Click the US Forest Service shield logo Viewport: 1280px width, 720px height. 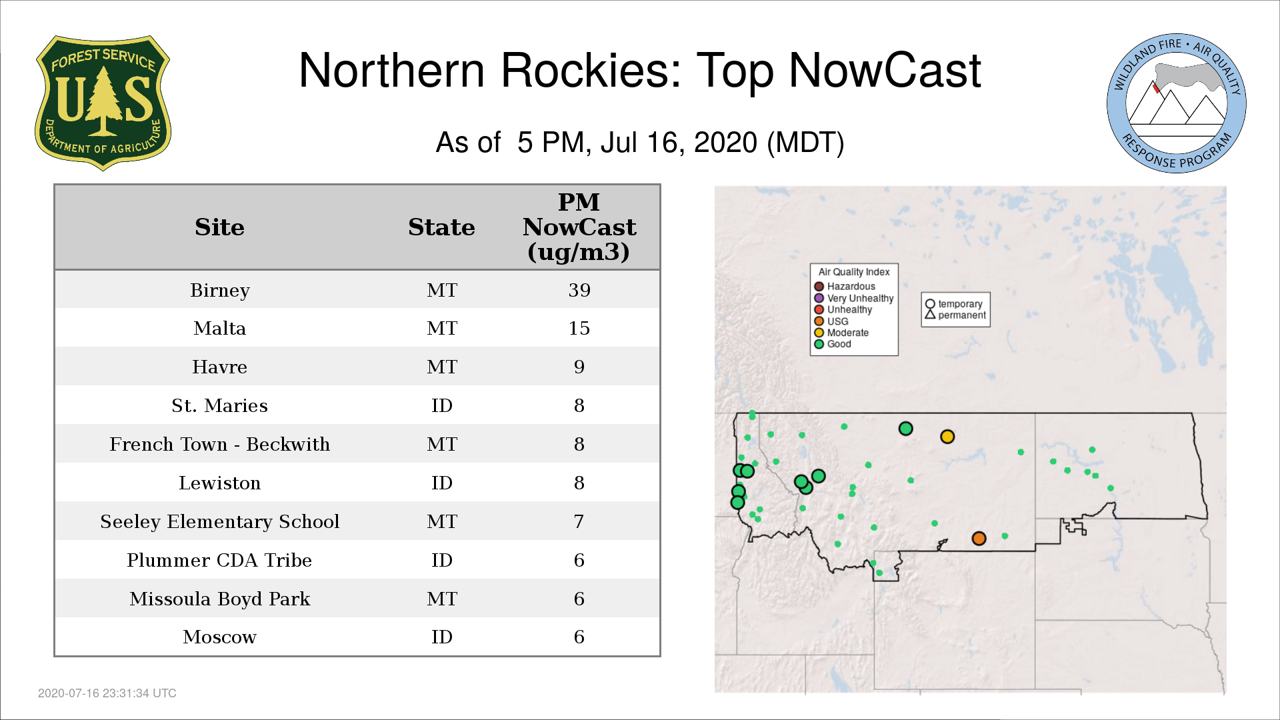click(103, 103)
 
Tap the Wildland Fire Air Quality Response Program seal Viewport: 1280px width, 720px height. click(1177, 103)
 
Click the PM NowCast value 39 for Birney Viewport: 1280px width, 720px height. click(579, 290)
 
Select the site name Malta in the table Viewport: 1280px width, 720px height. click(220, 328)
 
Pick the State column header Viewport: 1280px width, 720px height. click(441, 227)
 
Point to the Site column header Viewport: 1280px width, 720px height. click(220, 227)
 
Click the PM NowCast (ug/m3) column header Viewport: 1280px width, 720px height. click(579, 227)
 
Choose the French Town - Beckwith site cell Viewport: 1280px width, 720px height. click(220, 444)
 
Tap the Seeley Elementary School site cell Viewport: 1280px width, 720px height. click(220, 521)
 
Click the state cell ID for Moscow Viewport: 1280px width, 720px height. click(442, 637)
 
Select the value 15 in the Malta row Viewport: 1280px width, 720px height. click(579, 328)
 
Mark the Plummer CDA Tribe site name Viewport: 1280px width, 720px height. click(220, 560)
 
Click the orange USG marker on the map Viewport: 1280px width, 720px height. click(979, 538)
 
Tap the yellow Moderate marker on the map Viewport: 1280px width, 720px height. click(947, 437)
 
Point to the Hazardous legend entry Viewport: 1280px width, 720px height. click(845, 287)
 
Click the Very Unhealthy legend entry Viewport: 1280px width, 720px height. click(854, 298)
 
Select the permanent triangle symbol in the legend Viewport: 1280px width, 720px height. click(930, 314)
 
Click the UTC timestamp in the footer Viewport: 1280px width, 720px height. click(107, 693)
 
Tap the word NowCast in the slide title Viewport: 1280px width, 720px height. click(885, 71)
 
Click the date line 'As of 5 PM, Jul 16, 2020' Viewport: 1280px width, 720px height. click(640, 143)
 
